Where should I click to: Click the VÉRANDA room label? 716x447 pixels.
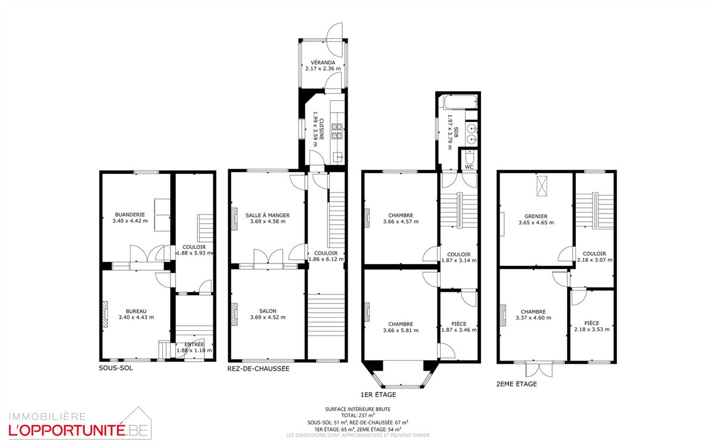[323, 63]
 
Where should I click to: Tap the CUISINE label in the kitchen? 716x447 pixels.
[321, 129]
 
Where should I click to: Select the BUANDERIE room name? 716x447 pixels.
[130, 215]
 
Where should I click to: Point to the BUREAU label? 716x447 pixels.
[136, 311]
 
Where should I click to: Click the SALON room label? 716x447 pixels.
[268, 311]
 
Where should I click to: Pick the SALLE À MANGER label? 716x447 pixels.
[268, 215]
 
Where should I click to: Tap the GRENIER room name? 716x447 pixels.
[536, 216]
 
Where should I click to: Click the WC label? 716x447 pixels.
[469, 167]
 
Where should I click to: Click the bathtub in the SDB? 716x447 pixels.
[460, 103]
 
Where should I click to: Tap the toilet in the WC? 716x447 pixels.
[469, 157]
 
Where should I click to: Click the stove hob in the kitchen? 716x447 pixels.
[337, 131]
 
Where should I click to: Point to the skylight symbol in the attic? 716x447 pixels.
[541, 185]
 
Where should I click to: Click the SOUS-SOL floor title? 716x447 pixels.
[116, 368]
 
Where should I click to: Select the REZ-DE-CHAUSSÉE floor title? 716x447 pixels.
[258, 369]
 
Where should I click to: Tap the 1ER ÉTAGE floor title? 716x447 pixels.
[378, 395]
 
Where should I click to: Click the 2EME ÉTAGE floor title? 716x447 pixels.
[516, 384]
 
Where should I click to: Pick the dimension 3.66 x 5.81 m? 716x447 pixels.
[401, 330]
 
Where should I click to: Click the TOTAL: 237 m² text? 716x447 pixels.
[358, 415]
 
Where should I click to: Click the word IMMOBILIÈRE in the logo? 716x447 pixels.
[47, 417]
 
